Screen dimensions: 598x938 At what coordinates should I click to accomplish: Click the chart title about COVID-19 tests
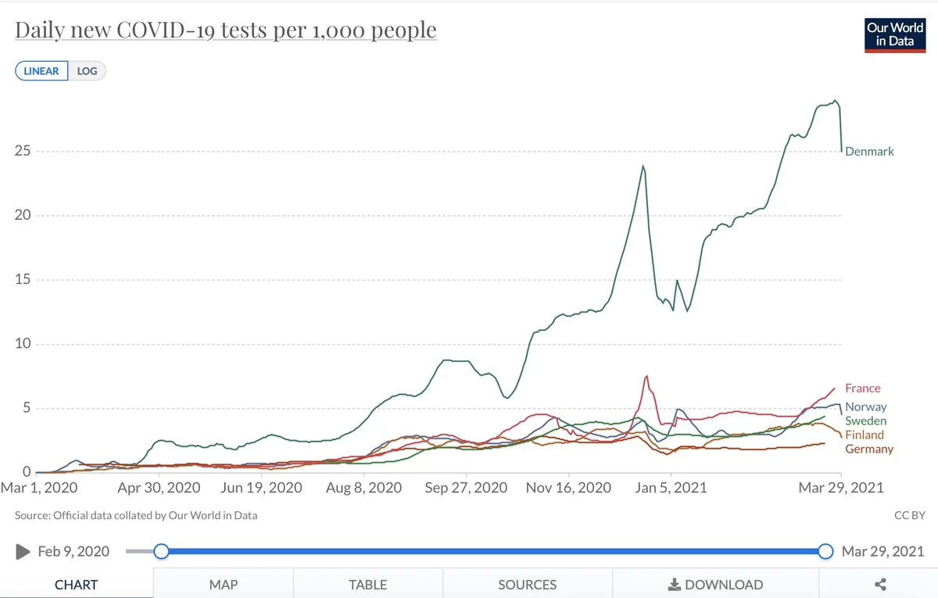point(226,30)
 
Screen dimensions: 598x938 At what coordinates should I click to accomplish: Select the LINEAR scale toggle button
point(41,70)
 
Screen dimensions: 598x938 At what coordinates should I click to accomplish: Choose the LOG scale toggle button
point(87,70)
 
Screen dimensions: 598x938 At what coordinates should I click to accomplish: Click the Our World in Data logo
point(894,34)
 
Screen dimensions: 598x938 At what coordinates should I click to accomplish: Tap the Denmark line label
point(869,152)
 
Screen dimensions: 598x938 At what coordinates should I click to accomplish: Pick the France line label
point(862,389)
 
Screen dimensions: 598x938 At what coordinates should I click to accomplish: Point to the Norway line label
point(866,407)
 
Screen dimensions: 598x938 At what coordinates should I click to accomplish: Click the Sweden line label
point(866,421)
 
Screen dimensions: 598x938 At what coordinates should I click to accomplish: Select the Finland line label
point(865,435)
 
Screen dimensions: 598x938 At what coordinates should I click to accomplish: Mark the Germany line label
point(869,449)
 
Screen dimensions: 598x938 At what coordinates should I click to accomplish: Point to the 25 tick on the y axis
point(22,151)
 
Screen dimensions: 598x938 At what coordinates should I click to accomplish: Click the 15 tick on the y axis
point(22,280)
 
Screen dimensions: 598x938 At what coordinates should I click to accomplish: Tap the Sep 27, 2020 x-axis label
point(466,488)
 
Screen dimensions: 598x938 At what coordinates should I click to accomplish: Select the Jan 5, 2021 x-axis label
point(670,488)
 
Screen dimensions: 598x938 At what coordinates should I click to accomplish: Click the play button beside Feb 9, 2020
point(22,552)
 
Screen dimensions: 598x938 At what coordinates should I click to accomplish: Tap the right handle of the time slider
point(825,552)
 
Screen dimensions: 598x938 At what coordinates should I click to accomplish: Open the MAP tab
point(224,584)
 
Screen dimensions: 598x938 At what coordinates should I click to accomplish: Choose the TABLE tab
point(367,584)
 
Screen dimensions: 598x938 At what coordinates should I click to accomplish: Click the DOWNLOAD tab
point(715,584)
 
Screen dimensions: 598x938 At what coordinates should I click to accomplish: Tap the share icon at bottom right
point(879,584)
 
